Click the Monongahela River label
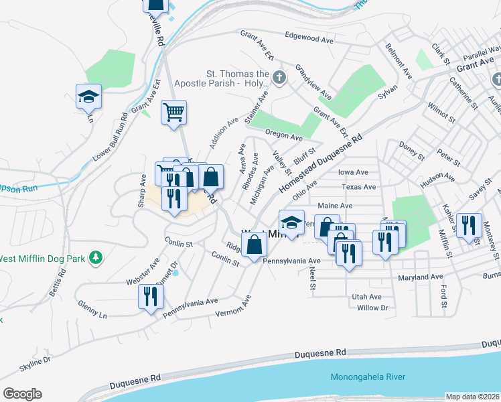pos(368,377)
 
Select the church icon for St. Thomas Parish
pos(280,79)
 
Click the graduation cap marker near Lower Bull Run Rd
pos(88,98)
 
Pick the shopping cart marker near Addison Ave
pos(173,113)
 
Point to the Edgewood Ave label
pos(309,40)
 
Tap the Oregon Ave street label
pos(283,135)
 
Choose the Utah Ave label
pos(366,296)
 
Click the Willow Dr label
pos(373,308)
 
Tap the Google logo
pos(22,393)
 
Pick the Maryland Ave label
pos(421,277)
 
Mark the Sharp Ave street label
pos(142,190)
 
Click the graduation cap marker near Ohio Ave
pos(291,223)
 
